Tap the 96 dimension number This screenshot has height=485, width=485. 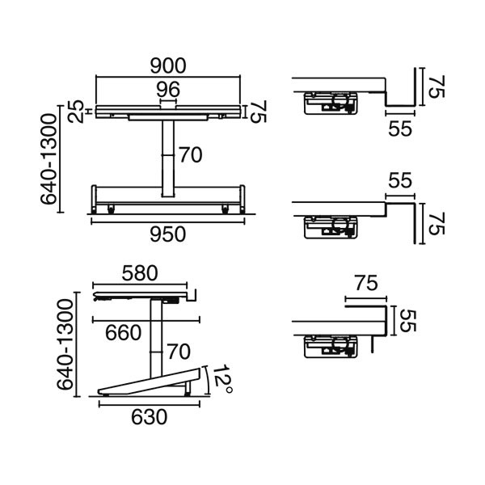[168, 88]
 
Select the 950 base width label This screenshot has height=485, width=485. [169, 234]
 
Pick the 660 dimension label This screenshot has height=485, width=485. [124, 332]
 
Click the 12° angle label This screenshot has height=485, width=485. [224, 378]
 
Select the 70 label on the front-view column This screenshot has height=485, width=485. [190, 154]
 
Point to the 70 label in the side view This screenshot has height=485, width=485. [178, 352]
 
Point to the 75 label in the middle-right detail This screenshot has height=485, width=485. [437, 225]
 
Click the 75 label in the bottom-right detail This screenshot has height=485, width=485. [366, 283]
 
